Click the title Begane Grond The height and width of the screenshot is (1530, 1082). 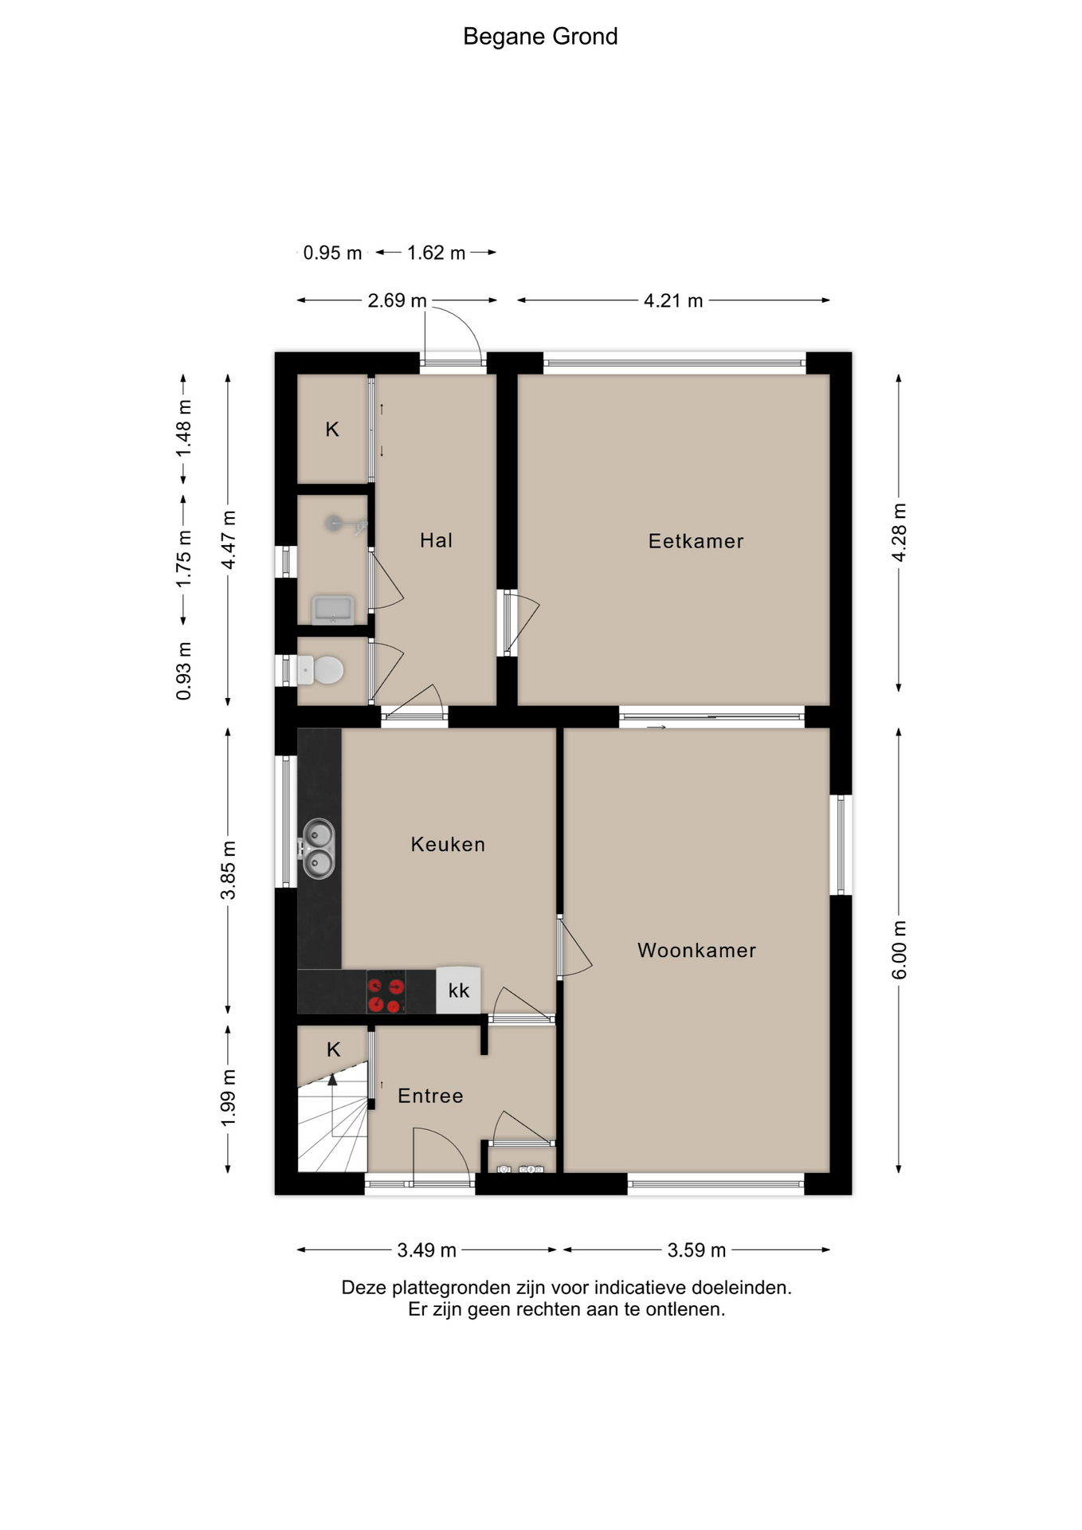click(540, 37)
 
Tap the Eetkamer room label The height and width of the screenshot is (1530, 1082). click(696, 541)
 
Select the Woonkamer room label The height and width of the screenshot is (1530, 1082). click(696, 950)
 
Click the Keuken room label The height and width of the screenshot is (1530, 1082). click(448, 844)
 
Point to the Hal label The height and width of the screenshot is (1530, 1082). click(436, 540)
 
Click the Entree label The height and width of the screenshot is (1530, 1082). click(430, 1096)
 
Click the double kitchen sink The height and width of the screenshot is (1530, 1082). click(318, 849)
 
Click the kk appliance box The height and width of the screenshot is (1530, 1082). click(459, 991)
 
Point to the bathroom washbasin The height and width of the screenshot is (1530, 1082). click(333, 610)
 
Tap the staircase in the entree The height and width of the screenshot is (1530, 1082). click(332, 1128)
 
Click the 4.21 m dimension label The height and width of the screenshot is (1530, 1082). click(673, 300)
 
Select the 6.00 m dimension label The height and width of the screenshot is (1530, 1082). click(899, 950)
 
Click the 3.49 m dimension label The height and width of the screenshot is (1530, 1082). click(426, 1249)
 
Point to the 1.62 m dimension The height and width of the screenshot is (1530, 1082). click(436, 253)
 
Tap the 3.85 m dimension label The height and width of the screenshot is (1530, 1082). click(229, 869)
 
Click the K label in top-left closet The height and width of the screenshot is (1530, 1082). click(332, 430)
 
